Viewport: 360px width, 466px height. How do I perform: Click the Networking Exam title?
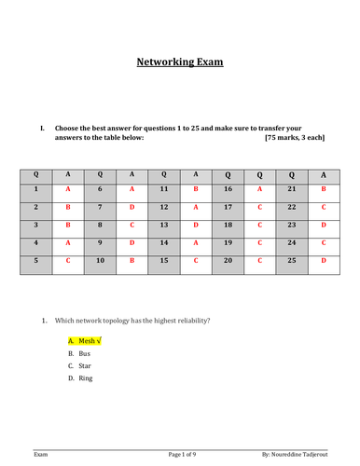[x=180, y=63]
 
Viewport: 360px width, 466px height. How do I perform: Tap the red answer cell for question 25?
[x=324, y=263]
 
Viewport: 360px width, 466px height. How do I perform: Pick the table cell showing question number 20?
[x=227, y=263]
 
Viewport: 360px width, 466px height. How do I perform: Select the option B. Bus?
[x=76, y=354]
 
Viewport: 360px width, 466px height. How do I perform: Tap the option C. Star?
[x=77, y=366]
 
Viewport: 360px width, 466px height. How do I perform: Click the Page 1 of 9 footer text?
[x=189, y=453]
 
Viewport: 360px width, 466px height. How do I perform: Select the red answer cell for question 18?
[x=259, y=225]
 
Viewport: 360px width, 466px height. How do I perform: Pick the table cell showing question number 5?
[x=36, y=263]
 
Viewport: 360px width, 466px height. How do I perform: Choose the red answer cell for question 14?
[x=195, y=243]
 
